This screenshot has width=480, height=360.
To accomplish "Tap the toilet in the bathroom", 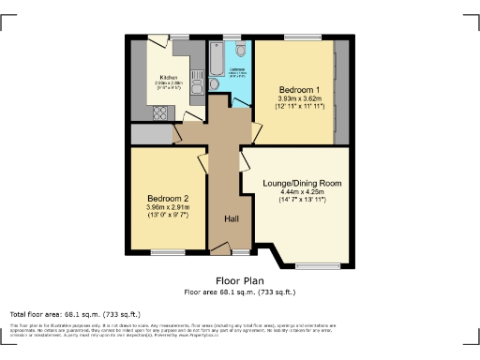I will (x=240, y=50).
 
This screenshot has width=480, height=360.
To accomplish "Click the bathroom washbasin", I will (x=214, y=84).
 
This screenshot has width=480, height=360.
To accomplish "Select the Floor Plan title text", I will (x=240, y=280).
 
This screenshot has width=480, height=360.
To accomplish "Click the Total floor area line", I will (x=75, y=313).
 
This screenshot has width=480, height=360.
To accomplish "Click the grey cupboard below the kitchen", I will (x=150, y=134).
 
